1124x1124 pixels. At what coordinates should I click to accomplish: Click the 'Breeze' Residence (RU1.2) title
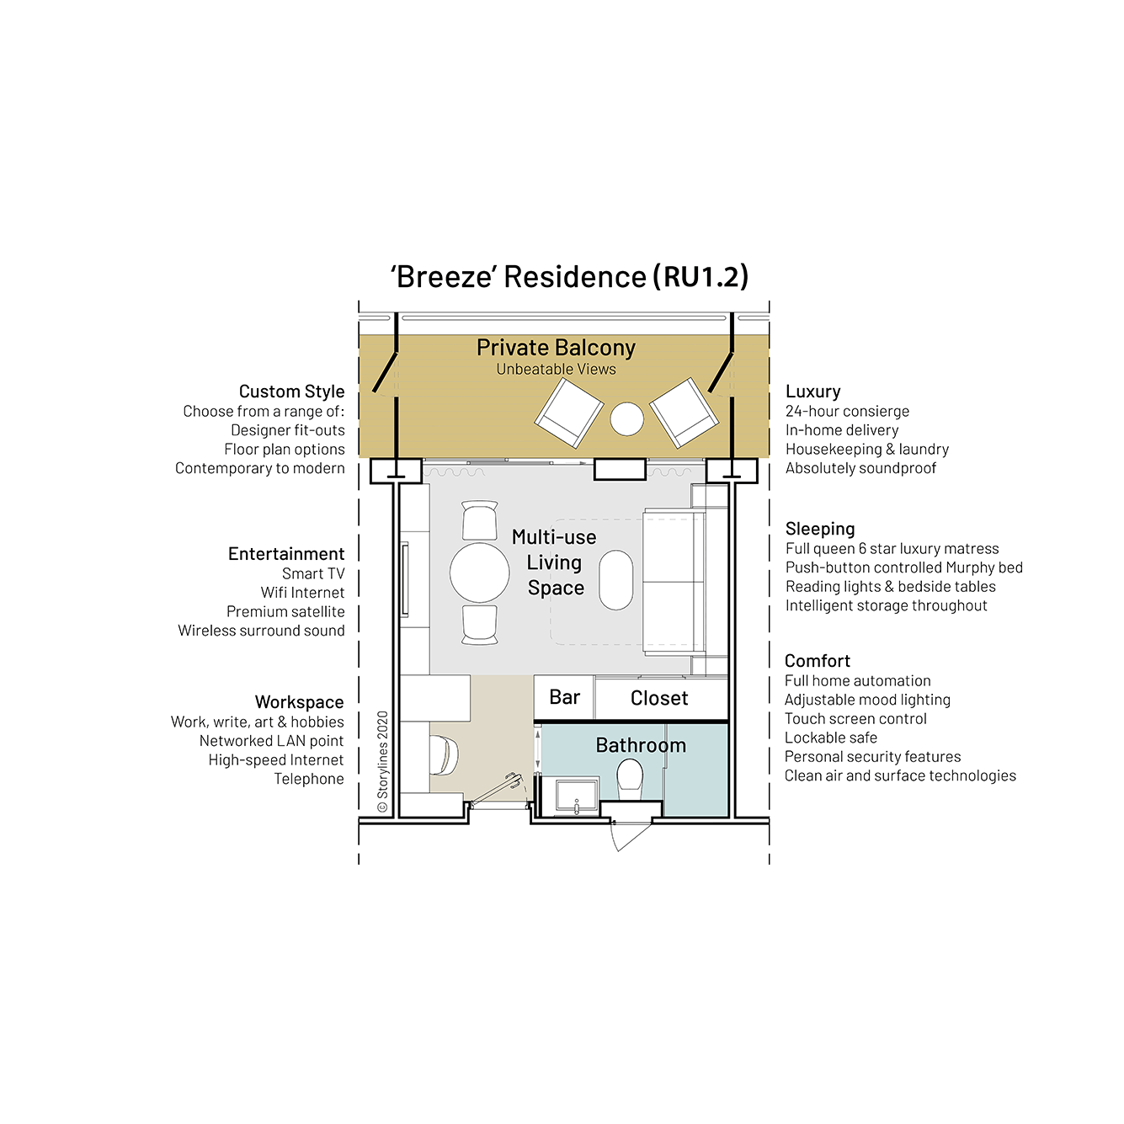pyautogui.click(x=569, y=276)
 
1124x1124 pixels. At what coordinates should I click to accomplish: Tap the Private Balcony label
pyautogui.click(x=556, y=348)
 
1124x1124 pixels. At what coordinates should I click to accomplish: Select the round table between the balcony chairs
pyautogui.click(x=626, y=418)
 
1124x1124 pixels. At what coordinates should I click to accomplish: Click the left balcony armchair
pyautogui.click(x=569, y=413)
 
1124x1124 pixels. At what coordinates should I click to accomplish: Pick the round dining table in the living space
pyautogui.click(x=479, y=573)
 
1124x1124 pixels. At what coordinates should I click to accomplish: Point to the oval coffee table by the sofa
pyautogui.click(x=615, y=579)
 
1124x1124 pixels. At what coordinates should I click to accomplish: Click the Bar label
pyautogui.click(x=564, y=697)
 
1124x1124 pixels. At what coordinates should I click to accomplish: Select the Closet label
pyautogui.click(x=659, y=698)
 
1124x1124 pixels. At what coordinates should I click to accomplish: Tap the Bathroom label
pyautogui.click(x=641, y=745)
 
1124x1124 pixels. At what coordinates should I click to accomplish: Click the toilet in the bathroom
pyautogui.click(x=630, y=779)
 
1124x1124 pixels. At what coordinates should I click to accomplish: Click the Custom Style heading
pyautogui.click(x=291, y=392)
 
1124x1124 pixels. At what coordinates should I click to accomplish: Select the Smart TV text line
pyautogui.click(x=313, y=573)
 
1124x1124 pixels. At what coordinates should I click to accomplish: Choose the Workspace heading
pyautogui.click(x=299, y=702)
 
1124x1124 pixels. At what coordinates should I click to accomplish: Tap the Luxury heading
pyautogui.click(x=812, y=392)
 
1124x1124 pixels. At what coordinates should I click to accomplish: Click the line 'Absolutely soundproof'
pyautogui.click(x=860, y=468)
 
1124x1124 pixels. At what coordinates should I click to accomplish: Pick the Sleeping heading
pyautogui.click(x=819, y=529)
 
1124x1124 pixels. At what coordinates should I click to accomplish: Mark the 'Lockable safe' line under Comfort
pyautogui.click(x=830, y=738)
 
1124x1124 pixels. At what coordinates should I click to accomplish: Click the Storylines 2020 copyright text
pyautogui.click(x=383, y=761)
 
